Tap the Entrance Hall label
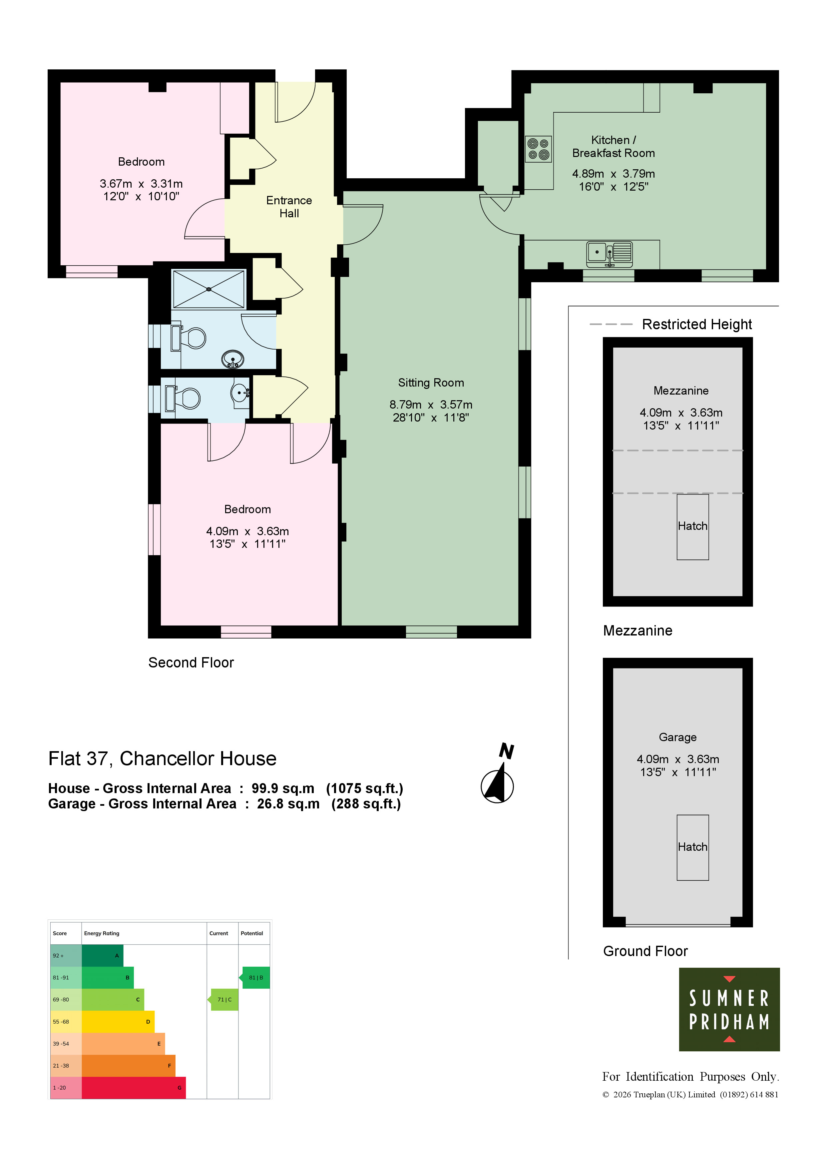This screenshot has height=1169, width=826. click(289, 207)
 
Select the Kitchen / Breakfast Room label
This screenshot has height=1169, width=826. click(613, 147)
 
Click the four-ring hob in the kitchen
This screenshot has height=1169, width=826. click(539, 149)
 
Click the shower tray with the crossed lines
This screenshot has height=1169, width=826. click(208, 289)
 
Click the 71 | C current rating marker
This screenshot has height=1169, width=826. click(223, 999)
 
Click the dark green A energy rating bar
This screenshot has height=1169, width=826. click(102, 956)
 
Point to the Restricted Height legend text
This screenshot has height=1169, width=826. click(697, 324)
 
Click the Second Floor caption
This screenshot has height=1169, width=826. click(191, 662)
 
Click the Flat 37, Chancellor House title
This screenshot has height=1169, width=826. click(162, 759)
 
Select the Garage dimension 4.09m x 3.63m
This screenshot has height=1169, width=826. click(677, 759)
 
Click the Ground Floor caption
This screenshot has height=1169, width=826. click(645, 951)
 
